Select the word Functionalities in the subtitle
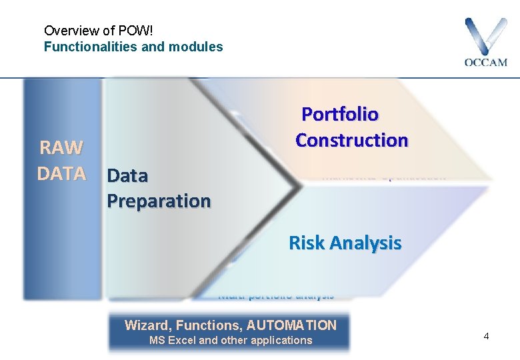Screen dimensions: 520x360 [86, 47]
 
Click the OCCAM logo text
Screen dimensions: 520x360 [485, 63]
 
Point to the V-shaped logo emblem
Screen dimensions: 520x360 [486, 37]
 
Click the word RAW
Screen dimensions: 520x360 [61, 147]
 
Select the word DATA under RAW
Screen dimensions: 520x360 [61, 173]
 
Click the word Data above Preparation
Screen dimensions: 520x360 [127, 176]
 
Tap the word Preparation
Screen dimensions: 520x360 [159, 201]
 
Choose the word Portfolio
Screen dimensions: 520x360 [340, 115]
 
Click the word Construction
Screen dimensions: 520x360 [352, 141]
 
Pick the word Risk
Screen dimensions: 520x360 [305, 243]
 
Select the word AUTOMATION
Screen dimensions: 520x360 [291, 325]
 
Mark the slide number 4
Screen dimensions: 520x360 [486, 336]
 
